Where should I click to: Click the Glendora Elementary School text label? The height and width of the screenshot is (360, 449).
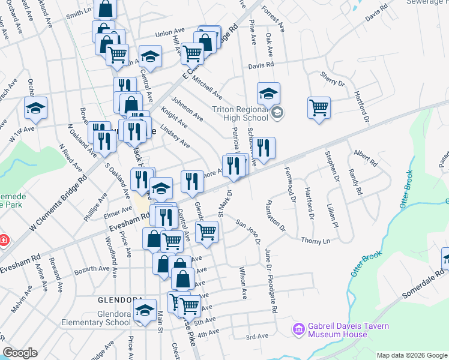96,317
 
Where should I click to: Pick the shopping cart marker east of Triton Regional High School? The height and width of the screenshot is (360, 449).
319,108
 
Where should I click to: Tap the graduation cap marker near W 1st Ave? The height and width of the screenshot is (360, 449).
36,109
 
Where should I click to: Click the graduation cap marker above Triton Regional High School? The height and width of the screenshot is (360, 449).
268,94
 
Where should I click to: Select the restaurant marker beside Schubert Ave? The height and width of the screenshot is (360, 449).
264,147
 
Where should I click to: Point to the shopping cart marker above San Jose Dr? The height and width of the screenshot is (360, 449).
207,231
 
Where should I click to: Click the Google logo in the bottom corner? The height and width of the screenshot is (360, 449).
20,353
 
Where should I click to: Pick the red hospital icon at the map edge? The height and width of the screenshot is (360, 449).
3,241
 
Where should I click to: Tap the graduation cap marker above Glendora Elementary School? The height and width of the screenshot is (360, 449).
145,311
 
